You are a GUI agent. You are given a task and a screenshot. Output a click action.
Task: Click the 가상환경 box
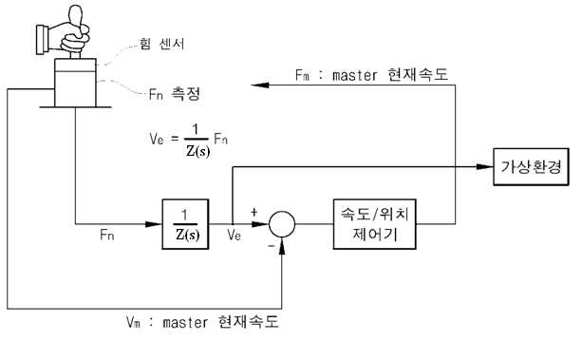pyautogui.click(x=531, y=167)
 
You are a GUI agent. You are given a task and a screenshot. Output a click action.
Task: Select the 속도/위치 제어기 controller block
pyautogui.click(x=374, y=224)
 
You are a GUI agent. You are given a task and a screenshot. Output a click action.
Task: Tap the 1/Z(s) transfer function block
pyautogui.click(x=185, y=224)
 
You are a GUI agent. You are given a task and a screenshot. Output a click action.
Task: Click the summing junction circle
pyautogui.click(x=282, y=224)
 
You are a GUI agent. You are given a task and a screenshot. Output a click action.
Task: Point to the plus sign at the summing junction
pyautogui.click(x=253, y=212)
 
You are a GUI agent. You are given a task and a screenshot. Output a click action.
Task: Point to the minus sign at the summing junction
pyautogui.click(x=272, y=245)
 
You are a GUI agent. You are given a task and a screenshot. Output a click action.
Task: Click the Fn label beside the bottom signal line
pyautogui.click(x=107, y=235)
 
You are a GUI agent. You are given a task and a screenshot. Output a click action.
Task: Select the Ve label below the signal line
pyautogui.click(x=235, y=235)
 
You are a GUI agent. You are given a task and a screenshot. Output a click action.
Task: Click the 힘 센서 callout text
pyautogui.click(x=161, y=44)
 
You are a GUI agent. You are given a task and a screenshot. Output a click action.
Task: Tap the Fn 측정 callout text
pyautogui.click(x=175, y=94)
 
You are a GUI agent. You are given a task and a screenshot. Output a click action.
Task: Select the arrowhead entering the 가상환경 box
pyautogui.click(x=485, y=167)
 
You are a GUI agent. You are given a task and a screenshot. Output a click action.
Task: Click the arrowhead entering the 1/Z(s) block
pyautogui.click(x=154, y=224)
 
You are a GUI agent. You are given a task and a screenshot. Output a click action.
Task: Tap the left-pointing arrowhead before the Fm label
pyautogui.click(x=260, y=85)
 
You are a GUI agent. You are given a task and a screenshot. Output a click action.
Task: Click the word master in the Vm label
pyautogui.click(x=185, y=322)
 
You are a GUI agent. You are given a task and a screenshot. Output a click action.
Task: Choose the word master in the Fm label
pyautogui.click(x=355, y=75)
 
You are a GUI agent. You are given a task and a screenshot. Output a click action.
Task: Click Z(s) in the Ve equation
pyautogui.click(x=197, y=151)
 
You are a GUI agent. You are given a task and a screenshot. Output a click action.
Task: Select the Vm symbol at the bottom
pyautogui.click(x=133, y=322)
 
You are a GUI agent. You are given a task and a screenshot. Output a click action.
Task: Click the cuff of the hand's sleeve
pyautogui.click(x=40, y=39)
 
